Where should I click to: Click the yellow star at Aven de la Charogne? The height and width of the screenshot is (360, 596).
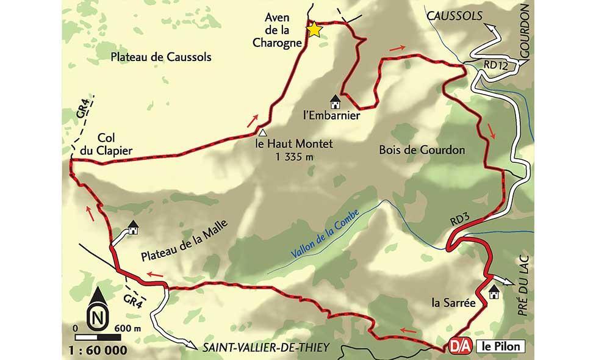pyautogui.click(x=314, y=30)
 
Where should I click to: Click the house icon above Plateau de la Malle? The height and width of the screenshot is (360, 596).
pyautogui.click(x=133, y=227)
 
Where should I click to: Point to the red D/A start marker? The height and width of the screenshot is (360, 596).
pyautogui.click(x=460, y=344)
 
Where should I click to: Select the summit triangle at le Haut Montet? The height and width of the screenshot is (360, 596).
pyautogui.click(x=262, y=132)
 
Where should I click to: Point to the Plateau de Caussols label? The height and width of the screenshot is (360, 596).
pyautogui.click(x=161, y=57)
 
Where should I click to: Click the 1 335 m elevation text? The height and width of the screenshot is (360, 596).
pyautogui.click(x=295, y=157)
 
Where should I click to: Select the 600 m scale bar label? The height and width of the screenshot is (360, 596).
pyautogui.click(x=127, y=328)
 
